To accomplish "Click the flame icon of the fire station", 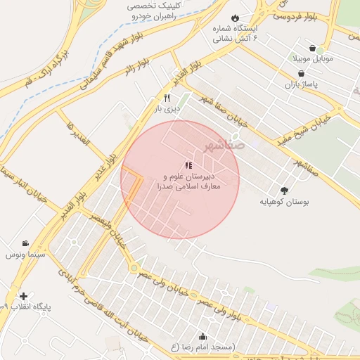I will pos(235,18).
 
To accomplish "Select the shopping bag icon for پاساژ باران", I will pos(302,73).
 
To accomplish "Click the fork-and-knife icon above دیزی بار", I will pos(167,98).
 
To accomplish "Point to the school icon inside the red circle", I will pos(188,165).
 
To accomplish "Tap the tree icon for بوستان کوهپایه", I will pos(284,190).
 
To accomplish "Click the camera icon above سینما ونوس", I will pos(26,243).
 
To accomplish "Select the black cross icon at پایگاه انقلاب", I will pos(24,296).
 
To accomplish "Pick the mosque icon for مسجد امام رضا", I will pos(203,336).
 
